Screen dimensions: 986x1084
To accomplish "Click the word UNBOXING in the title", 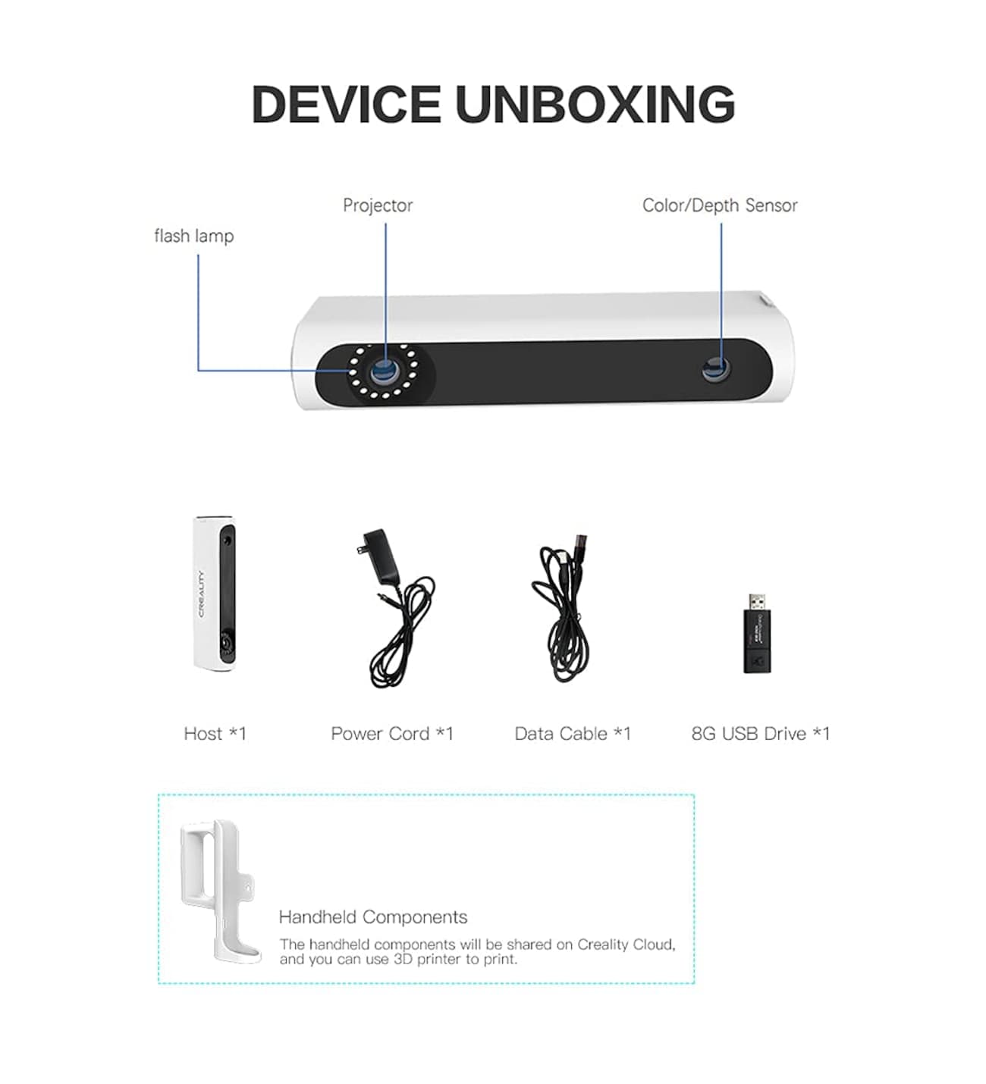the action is click(595, 104).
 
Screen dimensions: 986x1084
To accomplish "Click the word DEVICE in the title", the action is click(346, 104).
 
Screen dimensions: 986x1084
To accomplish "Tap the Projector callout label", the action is click(378, 205).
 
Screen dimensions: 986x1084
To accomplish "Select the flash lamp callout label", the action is click(194, 236).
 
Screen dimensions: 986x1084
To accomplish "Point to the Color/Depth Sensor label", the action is click(719, 205).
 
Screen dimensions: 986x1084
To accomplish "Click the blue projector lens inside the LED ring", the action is click(384, 371).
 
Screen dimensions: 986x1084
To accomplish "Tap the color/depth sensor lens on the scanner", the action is click(716, 370).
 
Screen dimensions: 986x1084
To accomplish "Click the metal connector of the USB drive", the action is click(757, 601).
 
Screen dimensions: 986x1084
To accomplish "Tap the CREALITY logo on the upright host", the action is click(201, 594).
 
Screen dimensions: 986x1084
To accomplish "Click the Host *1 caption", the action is click(215, 733).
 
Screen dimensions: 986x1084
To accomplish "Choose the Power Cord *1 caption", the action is click(391, 733).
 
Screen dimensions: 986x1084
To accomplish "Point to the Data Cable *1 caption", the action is click(572, 733).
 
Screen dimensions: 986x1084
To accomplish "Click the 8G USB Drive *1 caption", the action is click(760, 733).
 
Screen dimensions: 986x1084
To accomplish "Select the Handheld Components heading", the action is click(373, 917).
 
